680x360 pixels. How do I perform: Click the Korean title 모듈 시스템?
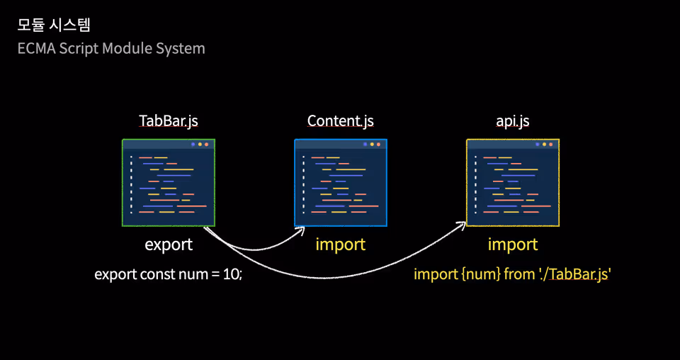pyautogui.click(x=54, y=25)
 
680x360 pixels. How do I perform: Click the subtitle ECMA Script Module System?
pyautogui.click(x=111, y=48)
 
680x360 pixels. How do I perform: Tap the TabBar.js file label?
pyautogui.click(x=169, y=121)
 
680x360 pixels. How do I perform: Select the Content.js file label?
pyautogui.click(x=341, y=121)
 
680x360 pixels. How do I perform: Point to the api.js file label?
pyautogui.click(x=513, y=121)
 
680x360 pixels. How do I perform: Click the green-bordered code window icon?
pyautogui.click(x=169, y=183)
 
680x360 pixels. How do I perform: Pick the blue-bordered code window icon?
pyautogui.click(x=341, y=183)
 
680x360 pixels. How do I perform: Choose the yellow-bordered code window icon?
pyautogui.click(x=513, y=183)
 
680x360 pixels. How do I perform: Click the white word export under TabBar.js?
pyautogui.click(x=169, y=245)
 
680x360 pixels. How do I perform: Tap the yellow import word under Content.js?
pyautogui.click(x=341, y=244)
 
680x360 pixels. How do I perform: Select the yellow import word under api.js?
pyautogui.click(x=513, y=244)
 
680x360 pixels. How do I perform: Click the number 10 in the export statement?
pyautogui.click(x=232, y=274)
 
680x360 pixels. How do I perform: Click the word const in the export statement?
pyautogui.click(x=157, y=274)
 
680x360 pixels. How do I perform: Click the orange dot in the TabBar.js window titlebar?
pyautogui.click(x=206, y=145)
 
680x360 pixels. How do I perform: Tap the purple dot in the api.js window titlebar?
pyautogui.click(x=538, y=145)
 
